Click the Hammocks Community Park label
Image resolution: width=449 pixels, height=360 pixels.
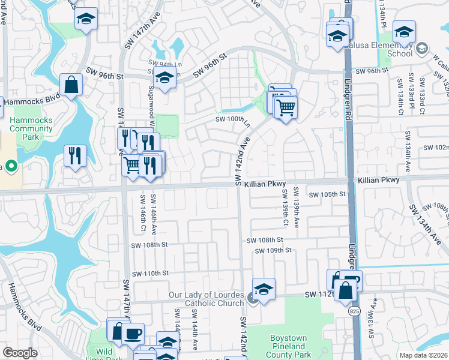[x=31, y=128]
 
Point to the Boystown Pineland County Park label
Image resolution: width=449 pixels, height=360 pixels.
[x=289, y=346]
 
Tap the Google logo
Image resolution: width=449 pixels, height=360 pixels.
[x=20, y=353]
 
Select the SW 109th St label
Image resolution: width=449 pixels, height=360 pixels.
[x=273, y=250]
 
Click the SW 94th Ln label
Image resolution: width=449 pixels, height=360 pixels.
[x=158, y=64]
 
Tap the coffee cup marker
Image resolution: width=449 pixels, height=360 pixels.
[x=133, y=334]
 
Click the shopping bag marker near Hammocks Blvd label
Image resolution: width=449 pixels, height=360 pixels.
[x=71, y=85]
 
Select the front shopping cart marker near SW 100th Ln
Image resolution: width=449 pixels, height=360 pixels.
[x=287, y=108]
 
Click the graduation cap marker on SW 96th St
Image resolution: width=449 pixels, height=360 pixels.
[x=164, y=77]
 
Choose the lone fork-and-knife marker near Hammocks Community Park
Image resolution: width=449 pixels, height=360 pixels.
[x=76, y=156]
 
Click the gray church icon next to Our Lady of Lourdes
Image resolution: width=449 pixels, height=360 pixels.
[x=253, y=298]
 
